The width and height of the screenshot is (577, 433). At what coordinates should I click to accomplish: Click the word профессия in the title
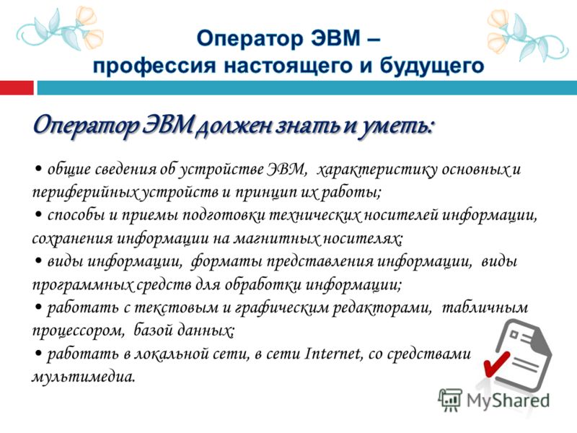[x=154, y=66]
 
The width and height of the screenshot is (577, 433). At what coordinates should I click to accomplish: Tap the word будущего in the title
[x=432, y=66]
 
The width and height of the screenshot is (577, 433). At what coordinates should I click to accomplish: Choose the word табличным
[x=485, y=307]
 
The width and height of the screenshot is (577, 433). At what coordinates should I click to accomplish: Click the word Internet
[x=333, y=354]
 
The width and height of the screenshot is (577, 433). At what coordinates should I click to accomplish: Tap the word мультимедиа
[x=83, y=377]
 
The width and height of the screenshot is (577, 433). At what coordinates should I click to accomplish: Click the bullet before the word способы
[x=38, y=214]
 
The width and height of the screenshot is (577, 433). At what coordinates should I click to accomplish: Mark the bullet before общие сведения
[x=38, y=169]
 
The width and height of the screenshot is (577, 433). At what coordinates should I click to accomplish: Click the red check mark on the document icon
[x=495, y=364]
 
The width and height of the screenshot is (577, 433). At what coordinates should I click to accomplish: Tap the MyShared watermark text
[x=508, y=400]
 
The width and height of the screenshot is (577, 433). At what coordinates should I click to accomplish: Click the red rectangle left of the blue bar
[x=17, y=87]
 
